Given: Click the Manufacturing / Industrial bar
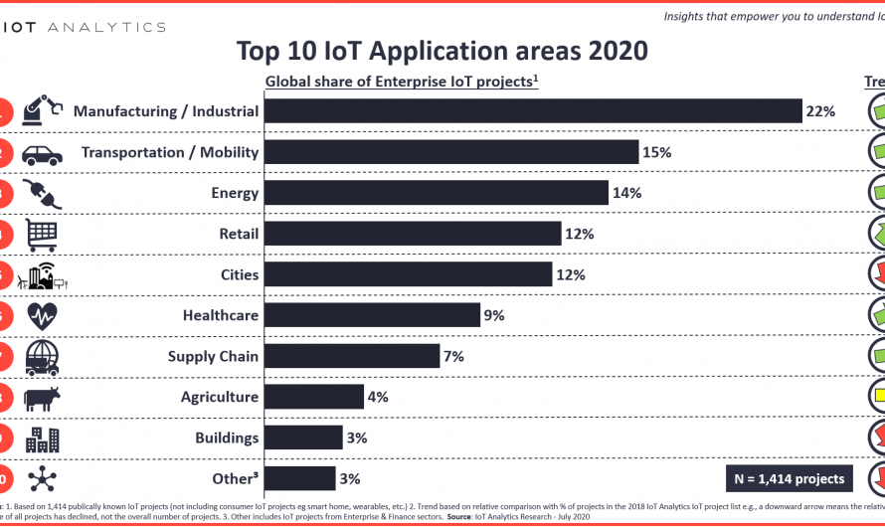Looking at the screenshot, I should click(x=533, y=111).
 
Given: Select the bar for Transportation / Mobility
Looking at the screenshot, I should click(x=451, y=152).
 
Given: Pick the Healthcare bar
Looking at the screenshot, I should click(x=373, y=315).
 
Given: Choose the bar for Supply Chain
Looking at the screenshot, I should click(x=352, y=356).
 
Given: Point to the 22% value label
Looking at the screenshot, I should click(x=820, y=111).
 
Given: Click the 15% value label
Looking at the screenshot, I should click(x=657, y=152).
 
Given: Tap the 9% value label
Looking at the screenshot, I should click(x=494, y=315).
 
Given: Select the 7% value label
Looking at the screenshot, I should click(x=453, y=356).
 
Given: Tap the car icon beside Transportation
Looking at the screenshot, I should click(x=42, y=154).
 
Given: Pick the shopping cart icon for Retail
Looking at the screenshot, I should click(x=43, y=235).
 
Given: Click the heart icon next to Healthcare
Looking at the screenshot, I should click(x=43, y=316).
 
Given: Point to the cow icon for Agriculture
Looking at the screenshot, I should click(x=43, y=398).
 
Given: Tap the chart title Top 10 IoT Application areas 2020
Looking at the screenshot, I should click(x=442, y=50).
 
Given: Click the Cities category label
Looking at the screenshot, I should click(x=240, y=274).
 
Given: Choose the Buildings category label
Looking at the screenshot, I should click(x=227, y=438).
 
